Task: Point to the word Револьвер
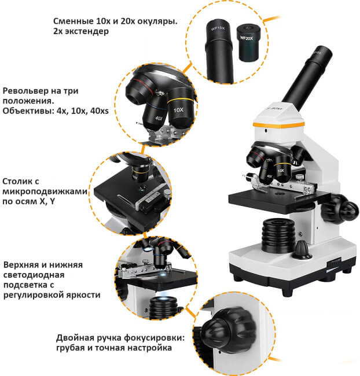tap(24, 91)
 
